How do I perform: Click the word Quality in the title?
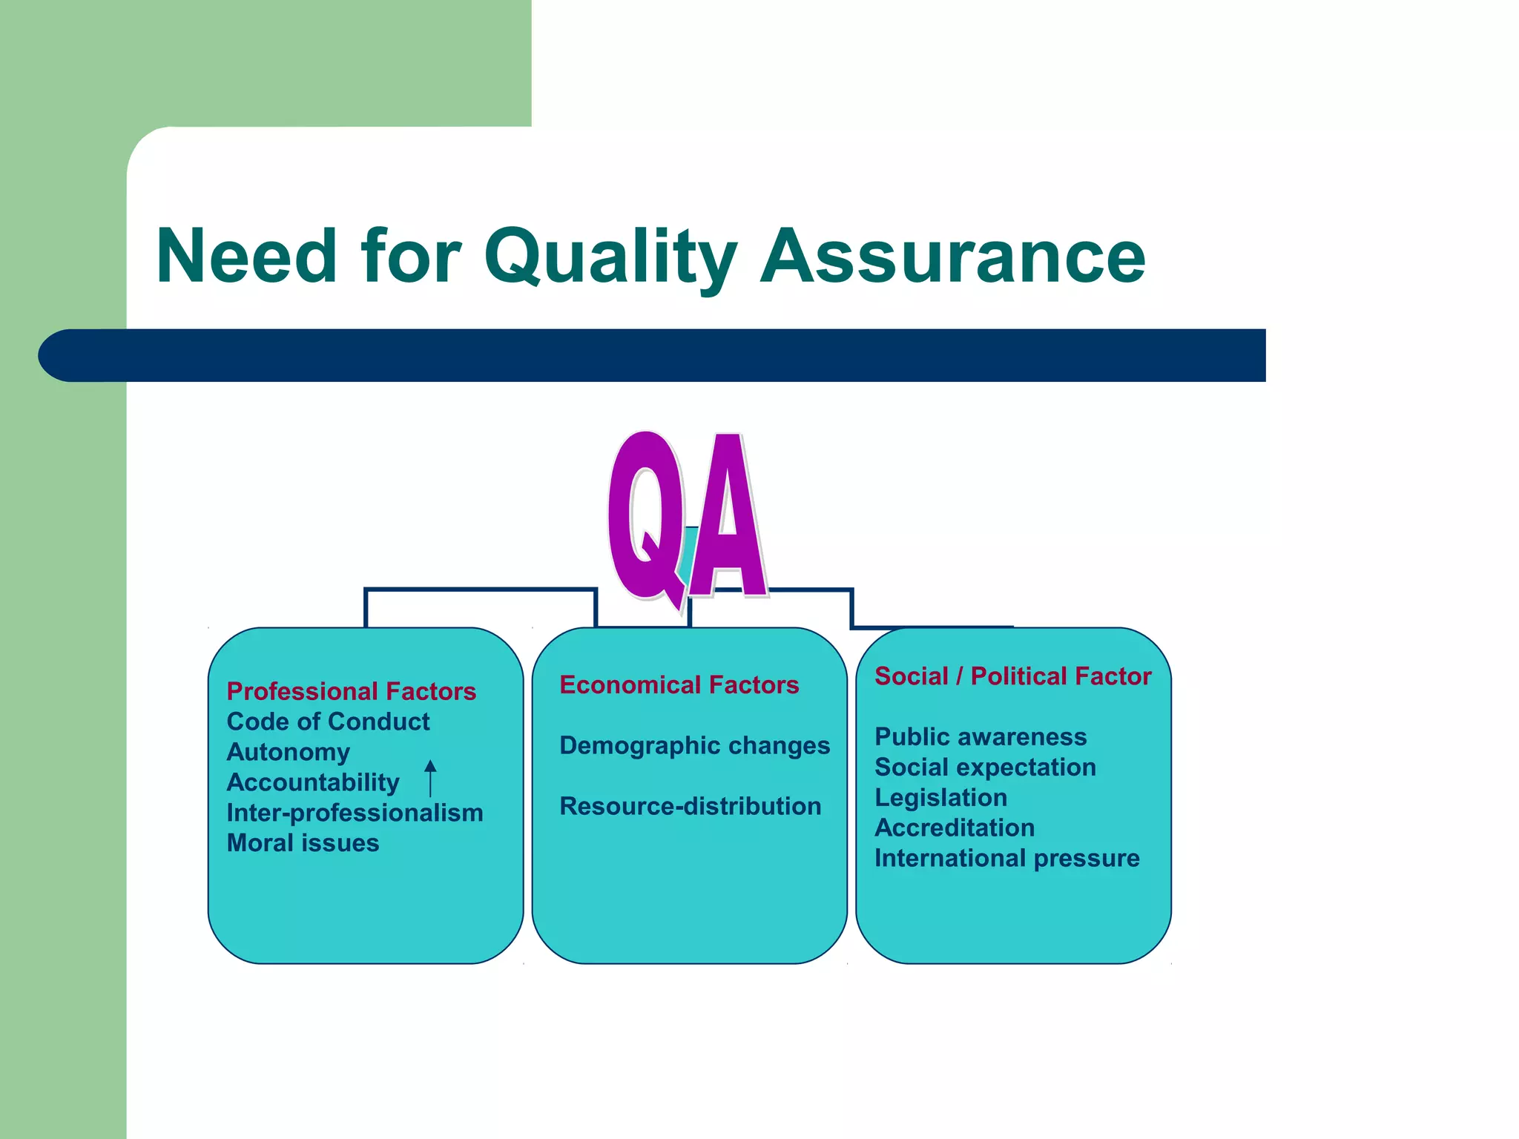tap(610, 256)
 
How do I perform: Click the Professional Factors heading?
tap(351, 691)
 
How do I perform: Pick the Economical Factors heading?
tap(679, 684)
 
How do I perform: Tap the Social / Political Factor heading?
tap(1012, 676)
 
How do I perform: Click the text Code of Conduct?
tap(328, 722)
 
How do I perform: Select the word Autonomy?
tap(288, 752)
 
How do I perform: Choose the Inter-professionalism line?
tap(355, 813)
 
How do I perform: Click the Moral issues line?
tap(303, 843)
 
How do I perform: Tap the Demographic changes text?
tap(694, 745)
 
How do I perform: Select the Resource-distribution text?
tap(690, 806)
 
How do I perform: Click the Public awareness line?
tap(980, 737)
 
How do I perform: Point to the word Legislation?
tap(940, 798)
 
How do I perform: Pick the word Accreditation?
tap(954, 828)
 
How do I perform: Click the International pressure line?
tap(1006, 858)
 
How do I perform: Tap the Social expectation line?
tap(984, 767)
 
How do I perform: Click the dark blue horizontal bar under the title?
tap(668, 355)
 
